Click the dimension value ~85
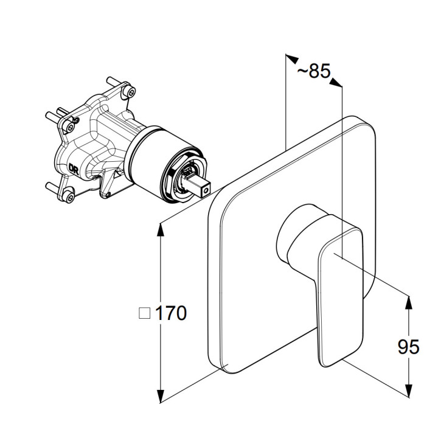point(313,71)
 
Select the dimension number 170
point(170,313)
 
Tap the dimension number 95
point(408,347)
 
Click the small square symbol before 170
point(144,313)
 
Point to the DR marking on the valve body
point(74,169)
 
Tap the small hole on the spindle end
point(206,191)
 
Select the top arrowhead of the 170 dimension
point(161,229)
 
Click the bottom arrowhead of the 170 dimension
point(161,397)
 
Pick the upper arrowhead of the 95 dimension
point(408,302)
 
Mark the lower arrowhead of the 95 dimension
point(408,390)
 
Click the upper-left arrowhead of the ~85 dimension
point(292,58)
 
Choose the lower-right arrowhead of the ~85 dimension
point(335,82)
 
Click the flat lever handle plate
point(341,291)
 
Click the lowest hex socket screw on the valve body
point(69,197)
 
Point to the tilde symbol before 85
point(302,71)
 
